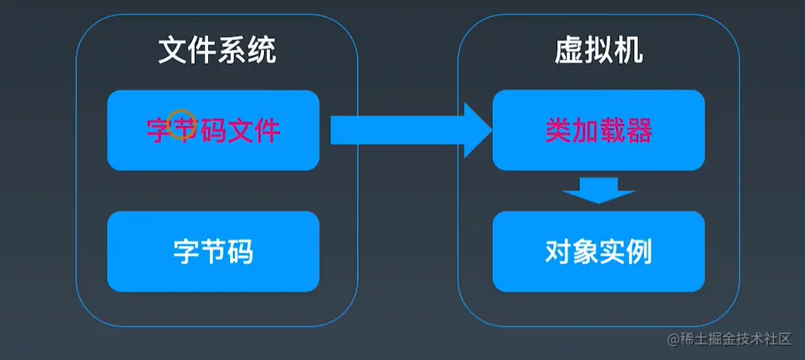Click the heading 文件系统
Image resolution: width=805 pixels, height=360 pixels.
217,52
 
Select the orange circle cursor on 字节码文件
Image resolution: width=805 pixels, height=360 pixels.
181,123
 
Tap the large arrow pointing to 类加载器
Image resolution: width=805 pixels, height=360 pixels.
411,130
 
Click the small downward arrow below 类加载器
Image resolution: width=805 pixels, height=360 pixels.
599,190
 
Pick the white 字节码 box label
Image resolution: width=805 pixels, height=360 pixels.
213,252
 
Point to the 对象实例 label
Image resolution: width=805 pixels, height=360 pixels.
599,252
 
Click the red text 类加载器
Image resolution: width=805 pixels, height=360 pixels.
599,130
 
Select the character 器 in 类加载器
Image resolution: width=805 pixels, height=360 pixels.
638,130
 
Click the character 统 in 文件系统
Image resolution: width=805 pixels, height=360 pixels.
262,52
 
